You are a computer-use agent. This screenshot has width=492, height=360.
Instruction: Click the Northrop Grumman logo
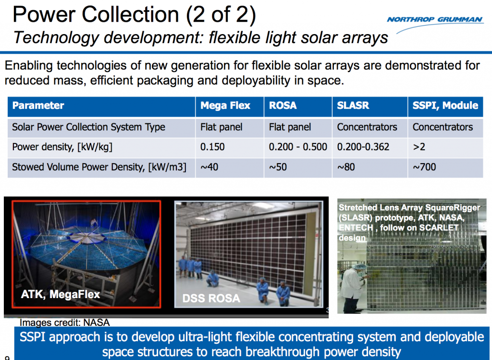click(x=435, y=20)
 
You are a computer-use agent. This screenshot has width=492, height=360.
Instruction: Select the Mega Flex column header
click(x=225, y=106)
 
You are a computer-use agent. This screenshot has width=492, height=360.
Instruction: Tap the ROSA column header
click(x=283, y=106)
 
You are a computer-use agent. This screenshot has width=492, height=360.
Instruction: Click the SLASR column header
click(x=353, y=106)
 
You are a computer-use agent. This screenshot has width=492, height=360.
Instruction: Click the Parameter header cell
click(x=38, y=106)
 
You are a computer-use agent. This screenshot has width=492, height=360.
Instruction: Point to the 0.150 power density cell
click(x=212, y=147)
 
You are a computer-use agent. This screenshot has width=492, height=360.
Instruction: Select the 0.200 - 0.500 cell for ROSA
click(x=297, y=147)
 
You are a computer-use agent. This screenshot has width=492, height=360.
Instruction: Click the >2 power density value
click(x=419, y=147)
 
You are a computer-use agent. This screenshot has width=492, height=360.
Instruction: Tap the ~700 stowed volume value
click(x=424, y=167)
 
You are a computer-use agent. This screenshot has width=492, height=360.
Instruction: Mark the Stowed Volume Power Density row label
click(x=99, y=167)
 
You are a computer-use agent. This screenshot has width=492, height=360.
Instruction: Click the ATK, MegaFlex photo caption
click(x=61, y=294)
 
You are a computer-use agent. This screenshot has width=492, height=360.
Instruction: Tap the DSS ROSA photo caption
click(x=211, y=298)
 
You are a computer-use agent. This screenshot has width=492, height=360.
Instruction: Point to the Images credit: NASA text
click(x=64, y=323)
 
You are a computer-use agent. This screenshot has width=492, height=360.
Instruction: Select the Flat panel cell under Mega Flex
click(x=221, y=127)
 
